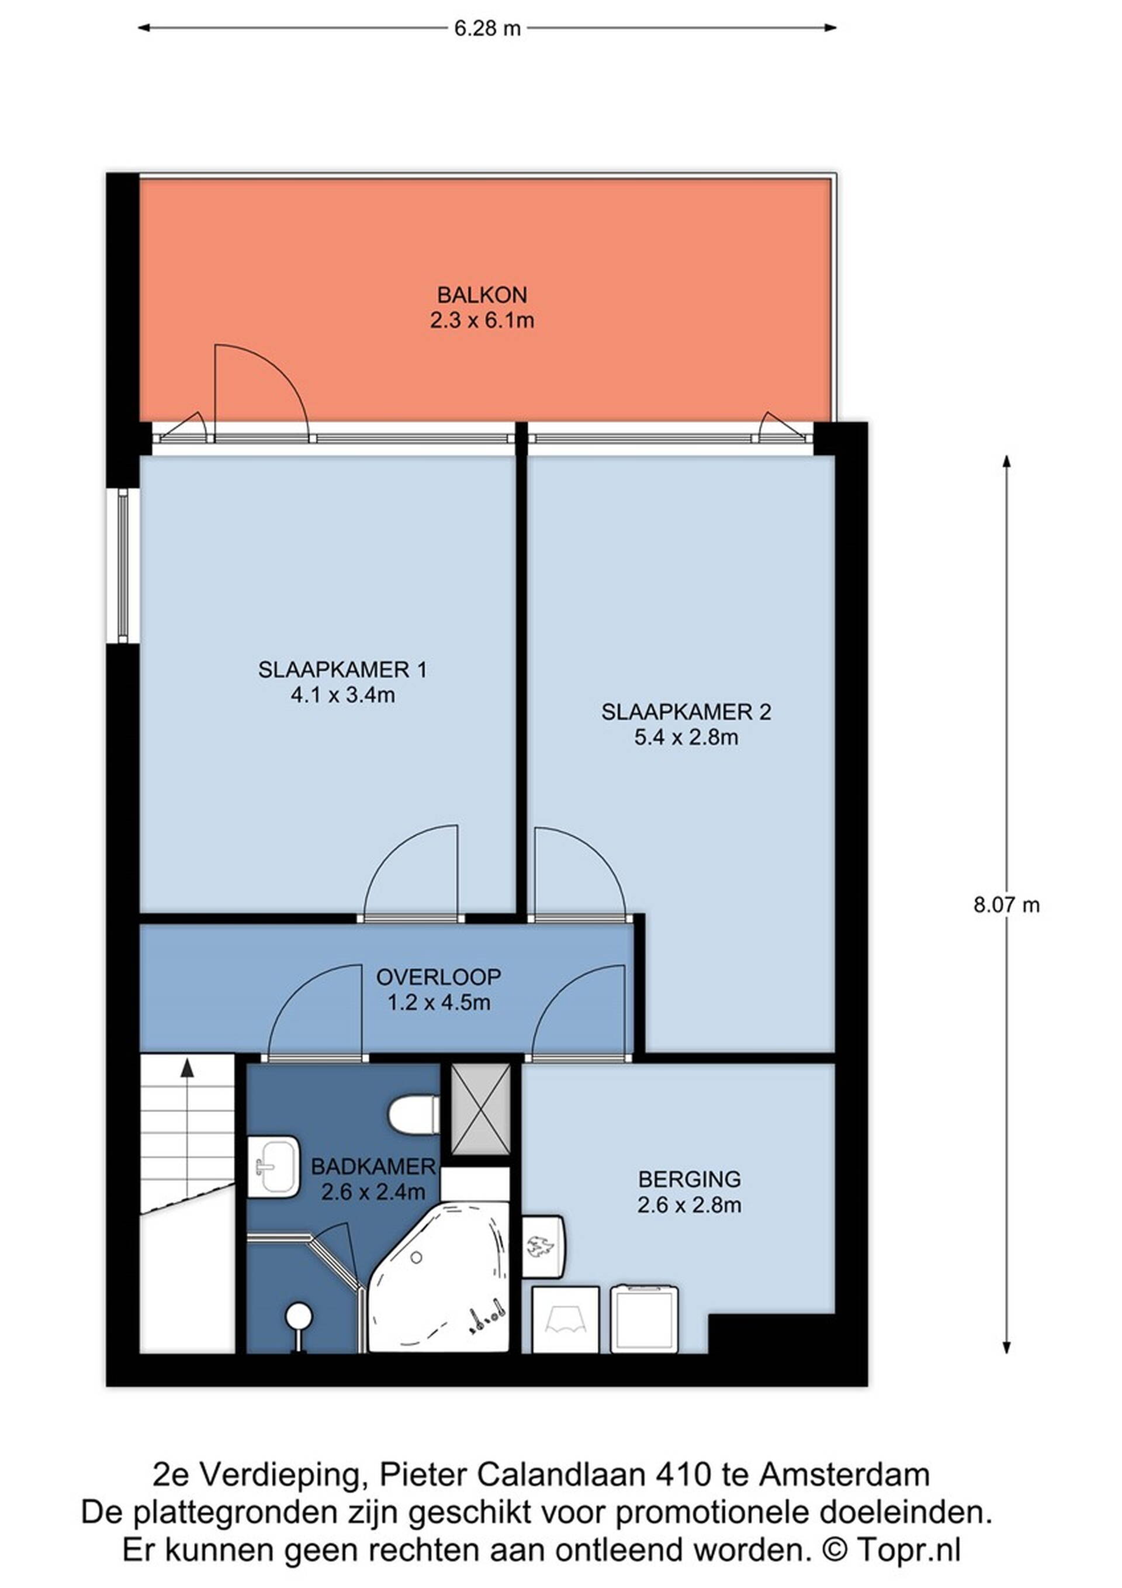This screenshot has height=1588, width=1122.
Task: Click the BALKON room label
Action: (482, 295)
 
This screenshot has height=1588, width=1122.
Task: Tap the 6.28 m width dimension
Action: (487, 28)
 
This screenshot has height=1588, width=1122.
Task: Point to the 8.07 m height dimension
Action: (1006, 904)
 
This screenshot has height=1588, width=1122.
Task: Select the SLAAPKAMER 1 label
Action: (343, 669)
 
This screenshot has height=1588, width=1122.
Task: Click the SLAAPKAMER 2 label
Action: (686, 712)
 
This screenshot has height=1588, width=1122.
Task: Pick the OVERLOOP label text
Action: (438, 976)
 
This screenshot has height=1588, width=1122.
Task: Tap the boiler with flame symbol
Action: (543, 1247)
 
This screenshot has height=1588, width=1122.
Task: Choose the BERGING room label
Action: (689, 1179)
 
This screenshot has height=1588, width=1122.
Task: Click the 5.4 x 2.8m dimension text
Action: (686, 737)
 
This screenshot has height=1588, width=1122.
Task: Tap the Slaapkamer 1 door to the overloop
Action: (411, 873)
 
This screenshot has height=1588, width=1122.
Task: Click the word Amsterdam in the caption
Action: (845, 1475)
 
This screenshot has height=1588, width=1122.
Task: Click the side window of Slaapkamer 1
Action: (123, 567)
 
